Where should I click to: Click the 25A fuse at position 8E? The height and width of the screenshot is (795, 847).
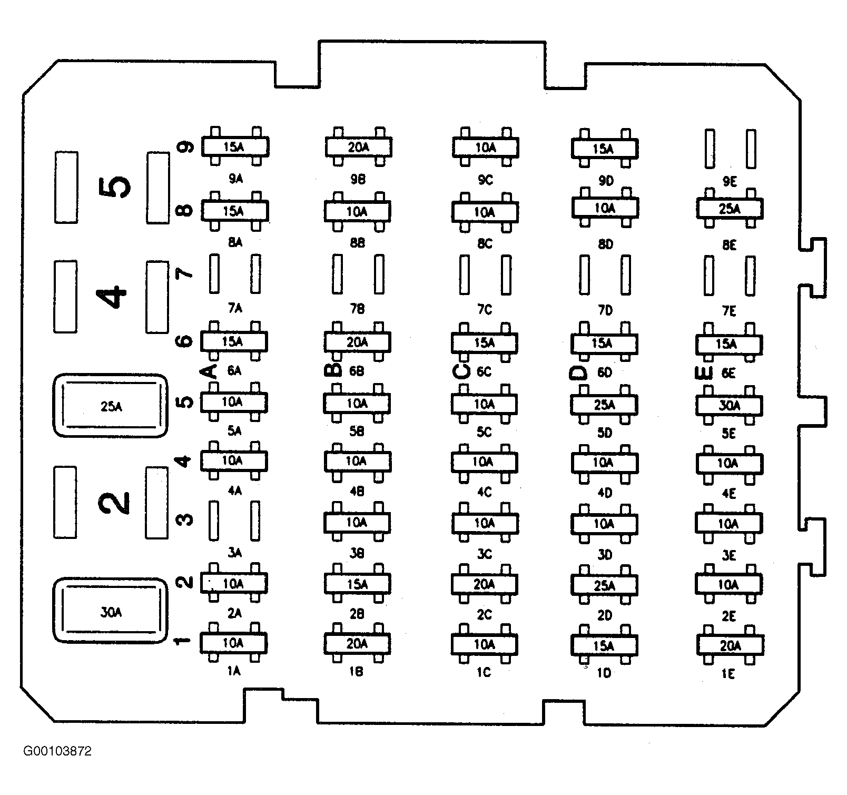point(730,209)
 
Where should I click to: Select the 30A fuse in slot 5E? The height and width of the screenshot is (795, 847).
point(729,405)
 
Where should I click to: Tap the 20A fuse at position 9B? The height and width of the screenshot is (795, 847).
point(358,147)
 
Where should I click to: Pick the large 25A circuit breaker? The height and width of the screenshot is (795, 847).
point(110,406)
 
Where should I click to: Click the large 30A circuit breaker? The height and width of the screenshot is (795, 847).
point(110,612)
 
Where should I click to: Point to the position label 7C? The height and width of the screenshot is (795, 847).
point(485,310)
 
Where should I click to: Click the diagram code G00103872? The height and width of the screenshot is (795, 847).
point(57,751)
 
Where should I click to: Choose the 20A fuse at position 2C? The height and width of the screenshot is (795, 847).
point(484,584)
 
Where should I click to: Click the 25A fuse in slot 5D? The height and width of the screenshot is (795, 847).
point(604,405)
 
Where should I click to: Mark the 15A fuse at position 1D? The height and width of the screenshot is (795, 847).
point(604,645)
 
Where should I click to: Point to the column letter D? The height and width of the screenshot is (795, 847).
point(578,372)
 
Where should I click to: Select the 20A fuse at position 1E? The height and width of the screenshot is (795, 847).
point(730,645)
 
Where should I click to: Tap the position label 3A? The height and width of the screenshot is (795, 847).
point(234,553)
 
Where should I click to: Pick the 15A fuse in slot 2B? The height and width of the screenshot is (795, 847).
point(357,584)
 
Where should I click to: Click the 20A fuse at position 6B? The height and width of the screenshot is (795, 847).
point(357,342)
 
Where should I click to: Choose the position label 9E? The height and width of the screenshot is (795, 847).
point(730,182)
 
